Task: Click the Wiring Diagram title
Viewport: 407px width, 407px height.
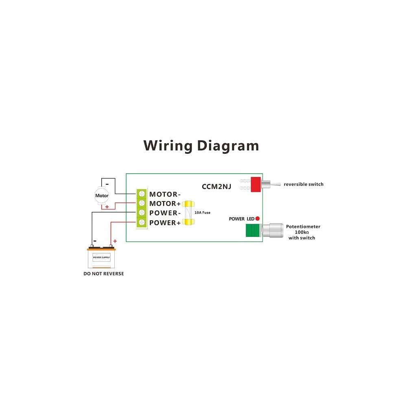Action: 201,145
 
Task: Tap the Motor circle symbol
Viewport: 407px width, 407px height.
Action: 102,195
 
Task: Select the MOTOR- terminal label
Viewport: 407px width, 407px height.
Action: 165,194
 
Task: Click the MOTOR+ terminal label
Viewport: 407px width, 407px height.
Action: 165,203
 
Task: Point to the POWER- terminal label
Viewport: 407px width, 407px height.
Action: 164,213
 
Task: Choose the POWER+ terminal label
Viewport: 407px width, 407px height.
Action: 164,223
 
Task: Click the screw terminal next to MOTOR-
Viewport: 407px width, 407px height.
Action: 142,194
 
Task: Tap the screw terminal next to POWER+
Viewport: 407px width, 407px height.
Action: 142,222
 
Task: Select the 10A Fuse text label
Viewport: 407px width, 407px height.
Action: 202,212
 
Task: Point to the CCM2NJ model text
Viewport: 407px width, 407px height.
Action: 217,187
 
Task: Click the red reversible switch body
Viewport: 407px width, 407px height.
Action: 256,184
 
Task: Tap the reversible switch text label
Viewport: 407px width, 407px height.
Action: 303,184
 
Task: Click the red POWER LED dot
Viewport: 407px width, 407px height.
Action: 257,219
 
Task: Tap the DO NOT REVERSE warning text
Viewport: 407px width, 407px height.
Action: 103,274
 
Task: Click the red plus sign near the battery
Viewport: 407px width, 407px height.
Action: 115,241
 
